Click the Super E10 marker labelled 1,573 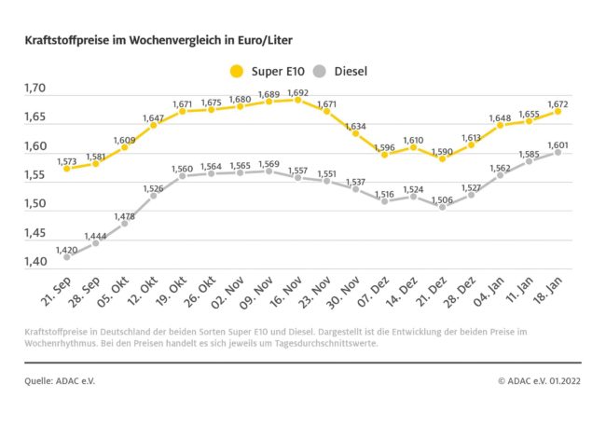click(x=67, y=169)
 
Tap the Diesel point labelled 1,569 click(x=269, y=171)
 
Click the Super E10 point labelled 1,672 click(x=558, y=111)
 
